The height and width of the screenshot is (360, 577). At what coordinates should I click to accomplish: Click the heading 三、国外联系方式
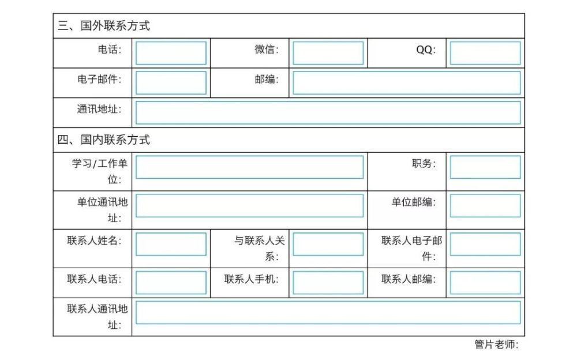(x=104, y=26)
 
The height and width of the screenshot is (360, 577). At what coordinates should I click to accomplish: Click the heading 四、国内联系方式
(x=104, y=140)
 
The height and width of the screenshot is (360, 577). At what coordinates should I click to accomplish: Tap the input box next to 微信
(x=328, y=53)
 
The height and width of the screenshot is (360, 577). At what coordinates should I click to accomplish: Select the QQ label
(x=426, y=49)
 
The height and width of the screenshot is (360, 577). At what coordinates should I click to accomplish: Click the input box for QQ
(x=485, y=53)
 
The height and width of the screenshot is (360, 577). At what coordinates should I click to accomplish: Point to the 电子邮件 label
(x=99, y=79)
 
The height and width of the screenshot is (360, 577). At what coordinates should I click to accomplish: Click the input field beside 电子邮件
(x=171, y=83)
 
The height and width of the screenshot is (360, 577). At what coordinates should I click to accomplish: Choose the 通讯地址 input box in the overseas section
(x=328, y=112)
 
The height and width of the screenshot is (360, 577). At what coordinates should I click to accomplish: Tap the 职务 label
(x=424, y=163)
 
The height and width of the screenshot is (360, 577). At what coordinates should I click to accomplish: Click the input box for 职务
(x=485, y=167)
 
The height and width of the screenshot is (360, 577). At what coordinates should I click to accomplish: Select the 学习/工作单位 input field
(x=249, y=167)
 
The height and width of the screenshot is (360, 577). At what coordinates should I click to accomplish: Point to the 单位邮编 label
(x=414, y=202)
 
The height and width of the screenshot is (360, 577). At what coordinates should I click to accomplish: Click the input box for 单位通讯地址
(x=249, y=206)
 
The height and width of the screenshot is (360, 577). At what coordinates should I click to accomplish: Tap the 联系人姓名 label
(x=94, y=241)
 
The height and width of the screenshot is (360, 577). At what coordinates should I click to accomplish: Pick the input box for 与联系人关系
(x=328, y=244)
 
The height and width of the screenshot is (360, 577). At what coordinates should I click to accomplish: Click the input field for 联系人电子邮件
(x=485, y=244)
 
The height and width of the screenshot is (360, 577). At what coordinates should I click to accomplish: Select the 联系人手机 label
(x=252, y=279)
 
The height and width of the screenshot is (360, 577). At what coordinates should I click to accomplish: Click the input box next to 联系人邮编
(x=485, y=283)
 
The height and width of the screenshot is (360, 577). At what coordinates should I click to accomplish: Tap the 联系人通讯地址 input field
(x=328, y=313)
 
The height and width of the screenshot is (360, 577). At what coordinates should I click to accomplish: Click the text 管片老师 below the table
(x=496, y=344)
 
